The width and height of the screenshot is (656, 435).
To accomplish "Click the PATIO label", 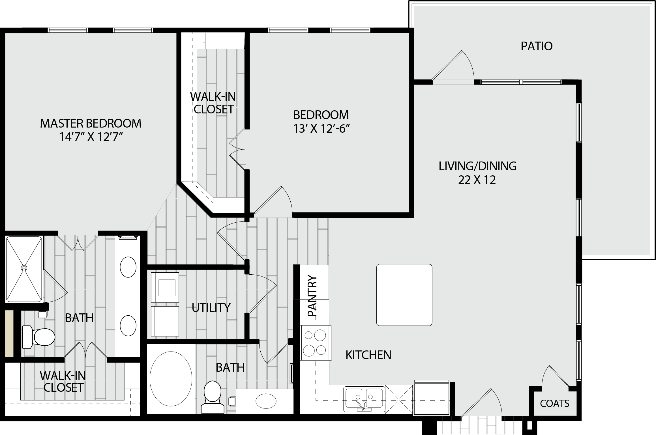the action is click(537, 46).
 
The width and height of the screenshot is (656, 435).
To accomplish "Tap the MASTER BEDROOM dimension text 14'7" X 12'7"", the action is click(91, 137).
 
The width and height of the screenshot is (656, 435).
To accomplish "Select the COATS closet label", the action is click(555, 403).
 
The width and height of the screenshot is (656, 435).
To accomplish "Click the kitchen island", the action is click(404, 295).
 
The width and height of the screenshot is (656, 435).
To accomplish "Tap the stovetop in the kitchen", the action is click(316, 343).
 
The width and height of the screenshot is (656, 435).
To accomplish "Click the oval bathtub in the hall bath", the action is click(171, 379).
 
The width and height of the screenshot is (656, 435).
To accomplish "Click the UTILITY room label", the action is click(211, 308).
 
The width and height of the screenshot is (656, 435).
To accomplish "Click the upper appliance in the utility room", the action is click(165, 287).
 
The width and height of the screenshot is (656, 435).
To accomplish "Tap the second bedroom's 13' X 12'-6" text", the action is click(321, 129).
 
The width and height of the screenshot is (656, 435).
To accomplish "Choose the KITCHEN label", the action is click(368, 355).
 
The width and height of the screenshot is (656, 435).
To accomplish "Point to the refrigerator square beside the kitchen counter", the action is click(431, 398).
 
